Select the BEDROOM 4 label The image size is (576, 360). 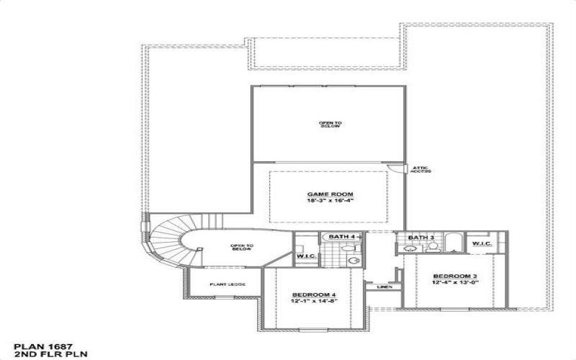(315, 295)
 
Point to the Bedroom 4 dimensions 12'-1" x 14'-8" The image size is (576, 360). (315, 302)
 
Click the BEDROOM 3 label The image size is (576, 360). (455, 276)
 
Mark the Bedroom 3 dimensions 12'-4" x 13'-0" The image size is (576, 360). (455, 282)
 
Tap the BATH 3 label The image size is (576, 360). (421, 238)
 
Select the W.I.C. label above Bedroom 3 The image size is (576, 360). (482, 243)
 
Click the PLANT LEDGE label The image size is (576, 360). (228, 284)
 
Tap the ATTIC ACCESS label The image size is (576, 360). (420, 169)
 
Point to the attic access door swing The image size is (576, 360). (394, 169)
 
